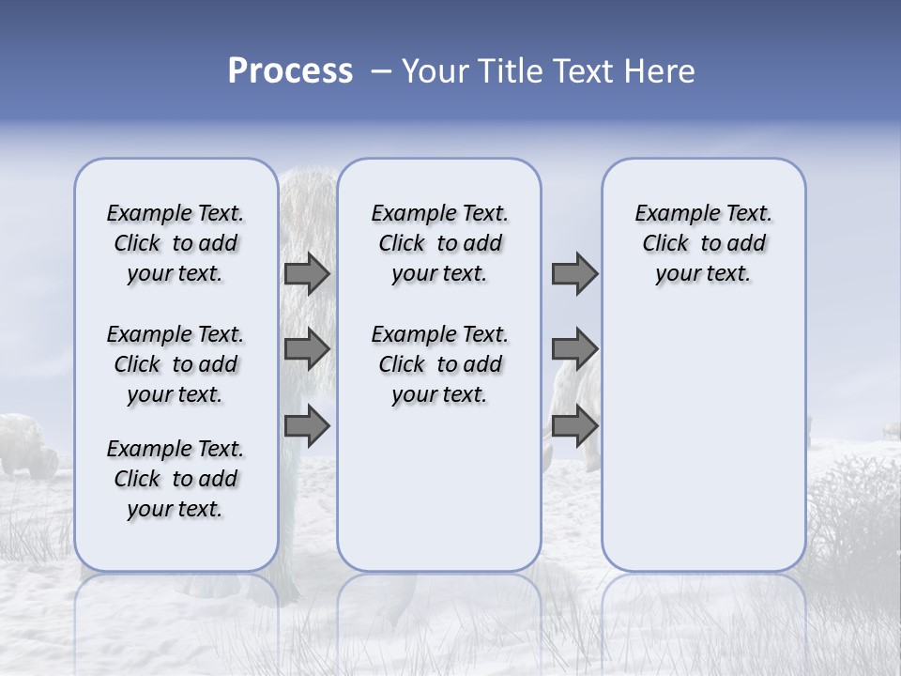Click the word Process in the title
[290, 71]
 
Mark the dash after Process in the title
[380, 72]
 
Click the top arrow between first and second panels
[307, 273]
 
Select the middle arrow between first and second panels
[307, 349]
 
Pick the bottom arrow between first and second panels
[307, 426]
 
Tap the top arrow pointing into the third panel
[574, 273]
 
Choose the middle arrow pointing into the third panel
[574, 349]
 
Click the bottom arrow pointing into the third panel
[574, 426]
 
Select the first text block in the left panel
[176, 243]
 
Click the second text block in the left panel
[176, 364]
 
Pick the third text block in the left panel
[176, 479]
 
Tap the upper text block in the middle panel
[439, 243]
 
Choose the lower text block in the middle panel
[439, 364]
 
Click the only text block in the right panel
[703, 243]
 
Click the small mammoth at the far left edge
[28, 446]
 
